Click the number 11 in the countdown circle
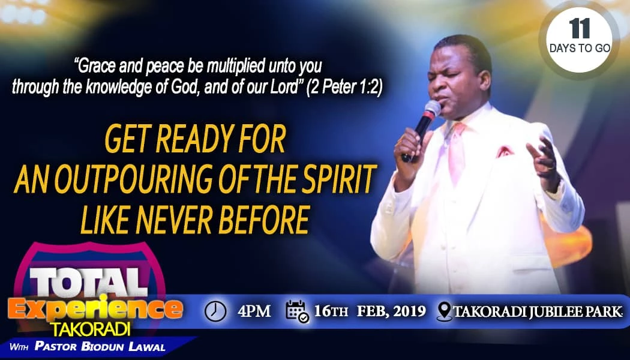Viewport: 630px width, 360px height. click(x=580, y=28)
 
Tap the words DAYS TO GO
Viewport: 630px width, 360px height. click(x=580, y=49)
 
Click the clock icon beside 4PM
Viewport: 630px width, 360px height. click(x=215, y=311)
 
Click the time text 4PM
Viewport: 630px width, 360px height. click(x=254, y=311)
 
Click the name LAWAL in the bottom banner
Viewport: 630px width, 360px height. click(x=147, y=347)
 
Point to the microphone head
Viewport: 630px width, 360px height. click(x=433, y=109)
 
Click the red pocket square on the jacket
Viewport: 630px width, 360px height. click(x=505, y=151)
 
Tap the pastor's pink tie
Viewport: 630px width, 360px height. click(x=457, y=152)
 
